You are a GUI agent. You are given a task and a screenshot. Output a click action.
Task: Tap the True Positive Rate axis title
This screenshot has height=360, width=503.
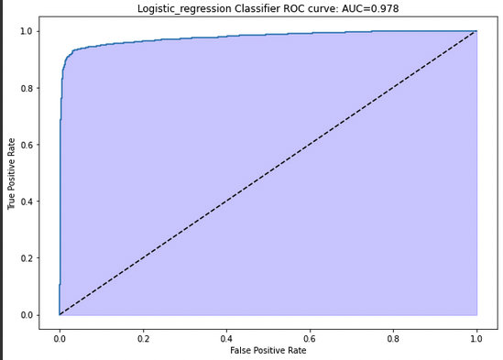click(x=12, y=173)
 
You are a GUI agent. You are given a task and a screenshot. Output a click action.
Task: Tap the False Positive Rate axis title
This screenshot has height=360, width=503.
click(x=268, y=350)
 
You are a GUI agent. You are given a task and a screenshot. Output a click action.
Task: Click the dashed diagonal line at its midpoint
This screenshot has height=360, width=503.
click(x=268, y=173)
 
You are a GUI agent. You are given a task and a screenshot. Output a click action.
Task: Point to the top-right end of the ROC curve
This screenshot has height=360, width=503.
click(x=476, y=31)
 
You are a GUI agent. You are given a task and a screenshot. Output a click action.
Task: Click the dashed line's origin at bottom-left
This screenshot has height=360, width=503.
click(x=60, y=314)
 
